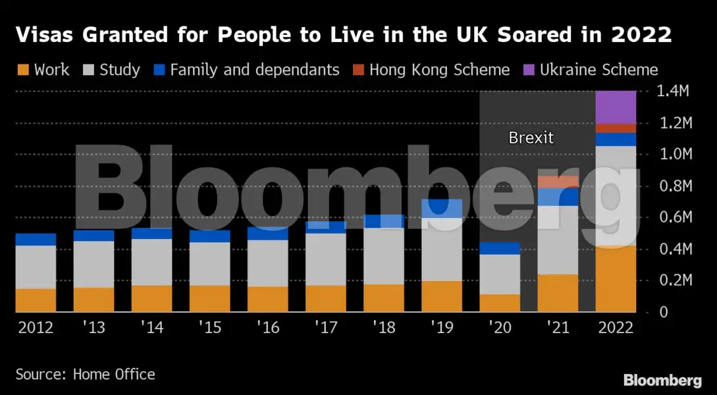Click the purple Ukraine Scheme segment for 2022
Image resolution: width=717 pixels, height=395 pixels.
616,107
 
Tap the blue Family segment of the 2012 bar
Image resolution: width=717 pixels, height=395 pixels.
36,240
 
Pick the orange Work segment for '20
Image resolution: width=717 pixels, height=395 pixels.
500,303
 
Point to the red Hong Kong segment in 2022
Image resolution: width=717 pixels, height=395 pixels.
616,128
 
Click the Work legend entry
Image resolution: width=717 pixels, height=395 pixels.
43,70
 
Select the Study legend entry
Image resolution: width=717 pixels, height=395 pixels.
112,70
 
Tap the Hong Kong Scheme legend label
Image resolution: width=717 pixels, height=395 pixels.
439,70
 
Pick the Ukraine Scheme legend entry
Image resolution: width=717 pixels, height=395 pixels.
598,70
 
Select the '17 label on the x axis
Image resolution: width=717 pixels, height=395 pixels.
325,327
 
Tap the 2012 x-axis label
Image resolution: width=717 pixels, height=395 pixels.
36,327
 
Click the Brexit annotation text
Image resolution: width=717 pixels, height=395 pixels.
531,138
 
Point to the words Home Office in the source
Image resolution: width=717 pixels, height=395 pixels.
114,375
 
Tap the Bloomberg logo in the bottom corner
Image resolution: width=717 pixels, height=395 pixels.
662,381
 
